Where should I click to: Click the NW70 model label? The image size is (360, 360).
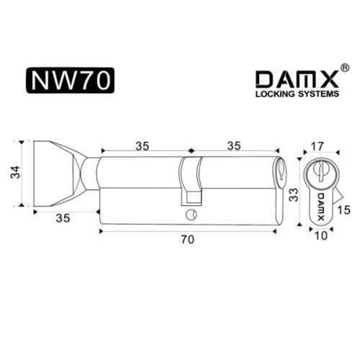(x=70, y=81)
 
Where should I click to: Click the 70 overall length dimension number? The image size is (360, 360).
(x=188, y=245)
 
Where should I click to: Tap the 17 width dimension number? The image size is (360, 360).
(x=319, y=146)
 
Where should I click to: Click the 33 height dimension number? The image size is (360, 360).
(x=293, y=194)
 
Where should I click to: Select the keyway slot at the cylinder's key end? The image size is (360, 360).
(x=280, y=172)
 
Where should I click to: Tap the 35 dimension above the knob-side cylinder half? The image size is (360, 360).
(x=143, y=145)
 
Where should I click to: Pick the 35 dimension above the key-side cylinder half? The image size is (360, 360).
(x=234, y=145)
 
